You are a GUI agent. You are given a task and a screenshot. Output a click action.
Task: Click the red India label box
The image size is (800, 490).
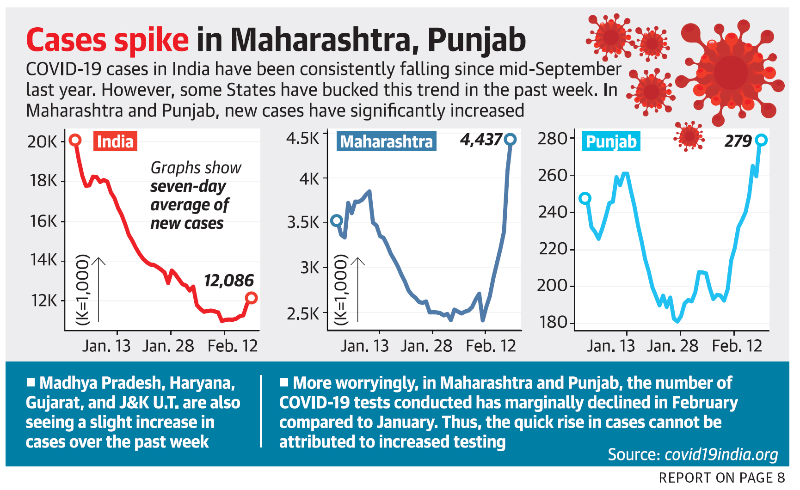(x=115, y=141)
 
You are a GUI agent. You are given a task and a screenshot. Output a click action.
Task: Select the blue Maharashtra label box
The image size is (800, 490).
(x=386, y=141)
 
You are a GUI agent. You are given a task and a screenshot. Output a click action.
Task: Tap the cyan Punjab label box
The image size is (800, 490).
(x=611, y=141)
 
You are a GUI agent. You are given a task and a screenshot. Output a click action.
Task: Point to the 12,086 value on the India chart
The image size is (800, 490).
(x=229, y=281)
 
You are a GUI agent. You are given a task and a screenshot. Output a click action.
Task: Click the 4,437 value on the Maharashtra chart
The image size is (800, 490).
(x=481, y=140)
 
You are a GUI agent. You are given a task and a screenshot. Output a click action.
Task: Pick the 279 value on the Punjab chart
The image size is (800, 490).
(x=738, y=141)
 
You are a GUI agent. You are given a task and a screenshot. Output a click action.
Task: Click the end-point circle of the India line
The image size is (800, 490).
(x=251, y=298)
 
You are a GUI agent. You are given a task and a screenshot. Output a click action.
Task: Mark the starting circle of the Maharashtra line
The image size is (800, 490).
(x=337, y=220)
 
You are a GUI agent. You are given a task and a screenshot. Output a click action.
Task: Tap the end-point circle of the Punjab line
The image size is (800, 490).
(x=761, y=140)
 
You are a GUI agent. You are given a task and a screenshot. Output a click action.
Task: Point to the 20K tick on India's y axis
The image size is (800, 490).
(x=42, y=142)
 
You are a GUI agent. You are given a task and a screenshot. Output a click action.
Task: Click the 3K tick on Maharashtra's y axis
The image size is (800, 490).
(x=309, y=268)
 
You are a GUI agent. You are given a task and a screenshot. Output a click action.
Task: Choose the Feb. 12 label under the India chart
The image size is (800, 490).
(x=232, y=346)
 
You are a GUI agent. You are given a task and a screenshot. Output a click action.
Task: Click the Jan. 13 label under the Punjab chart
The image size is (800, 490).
(x=610, y=346)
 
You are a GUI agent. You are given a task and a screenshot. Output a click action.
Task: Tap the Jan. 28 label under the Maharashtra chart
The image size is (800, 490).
(x=426, y=346)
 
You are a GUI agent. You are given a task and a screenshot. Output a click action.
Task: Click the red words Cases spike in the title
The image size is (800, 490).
(x=107, y=41)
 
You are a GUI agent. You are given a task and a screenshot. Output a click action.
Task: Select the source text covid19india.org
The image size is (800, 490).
(x=721, y=455)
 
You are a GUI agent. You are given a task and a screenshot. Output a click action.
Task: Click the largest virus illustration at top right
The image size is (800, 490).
(x=731, y=72)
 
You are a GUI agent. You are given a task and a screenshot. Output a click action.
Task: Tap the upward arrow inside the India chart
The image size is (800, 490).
(x=98, y=289)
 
